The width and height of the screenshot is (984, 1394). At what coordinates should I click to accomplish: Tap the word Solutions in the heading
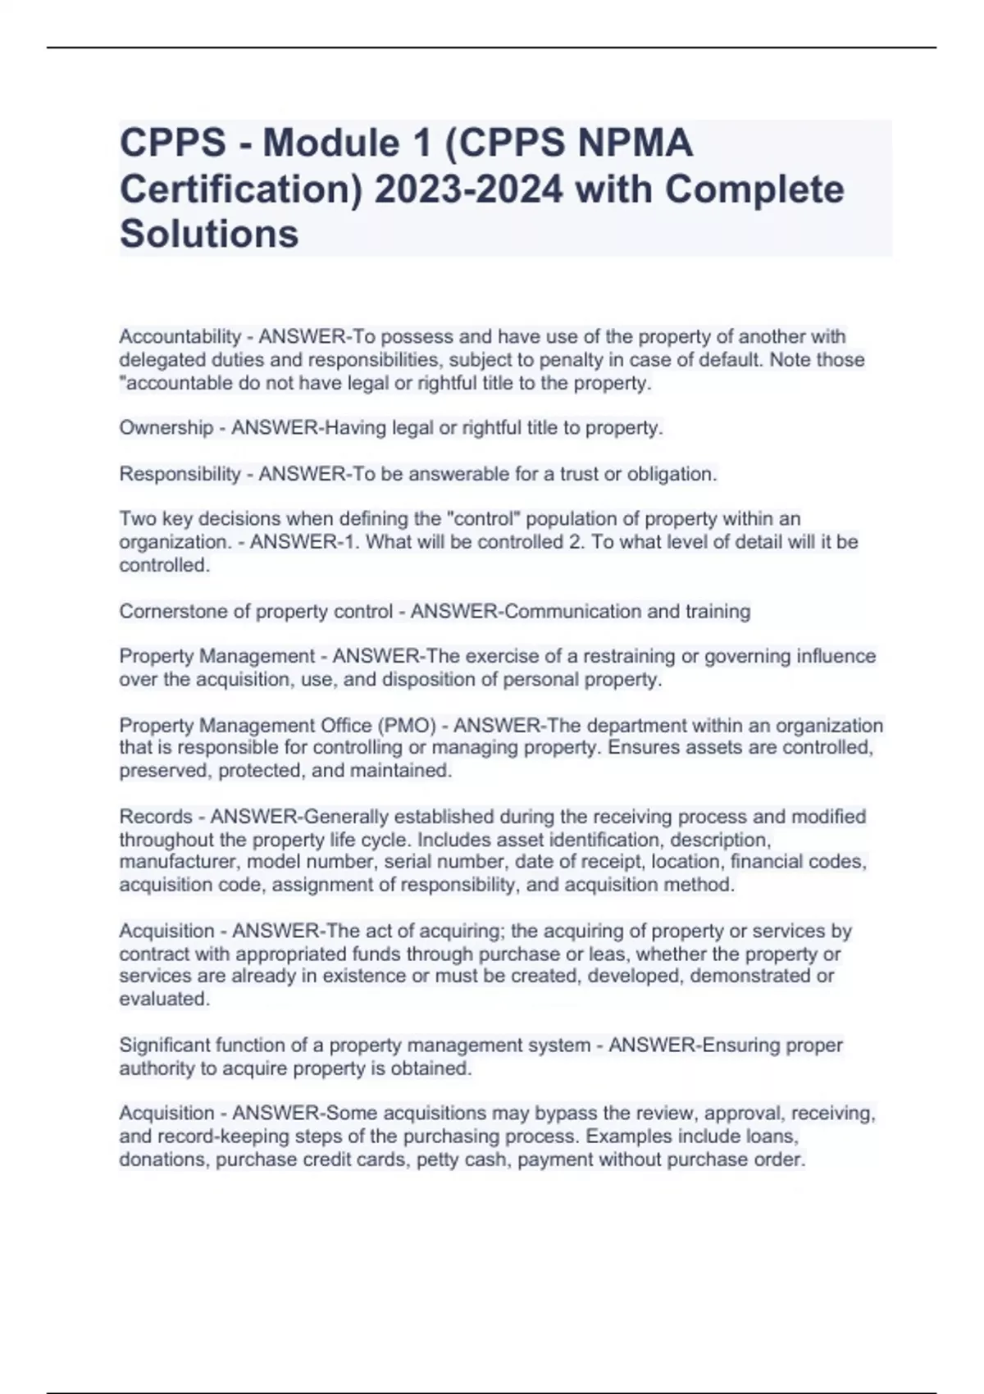pos(209,234)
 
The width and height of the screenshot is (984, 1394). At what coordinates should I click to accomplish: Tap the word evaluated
pos(164,1000)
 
